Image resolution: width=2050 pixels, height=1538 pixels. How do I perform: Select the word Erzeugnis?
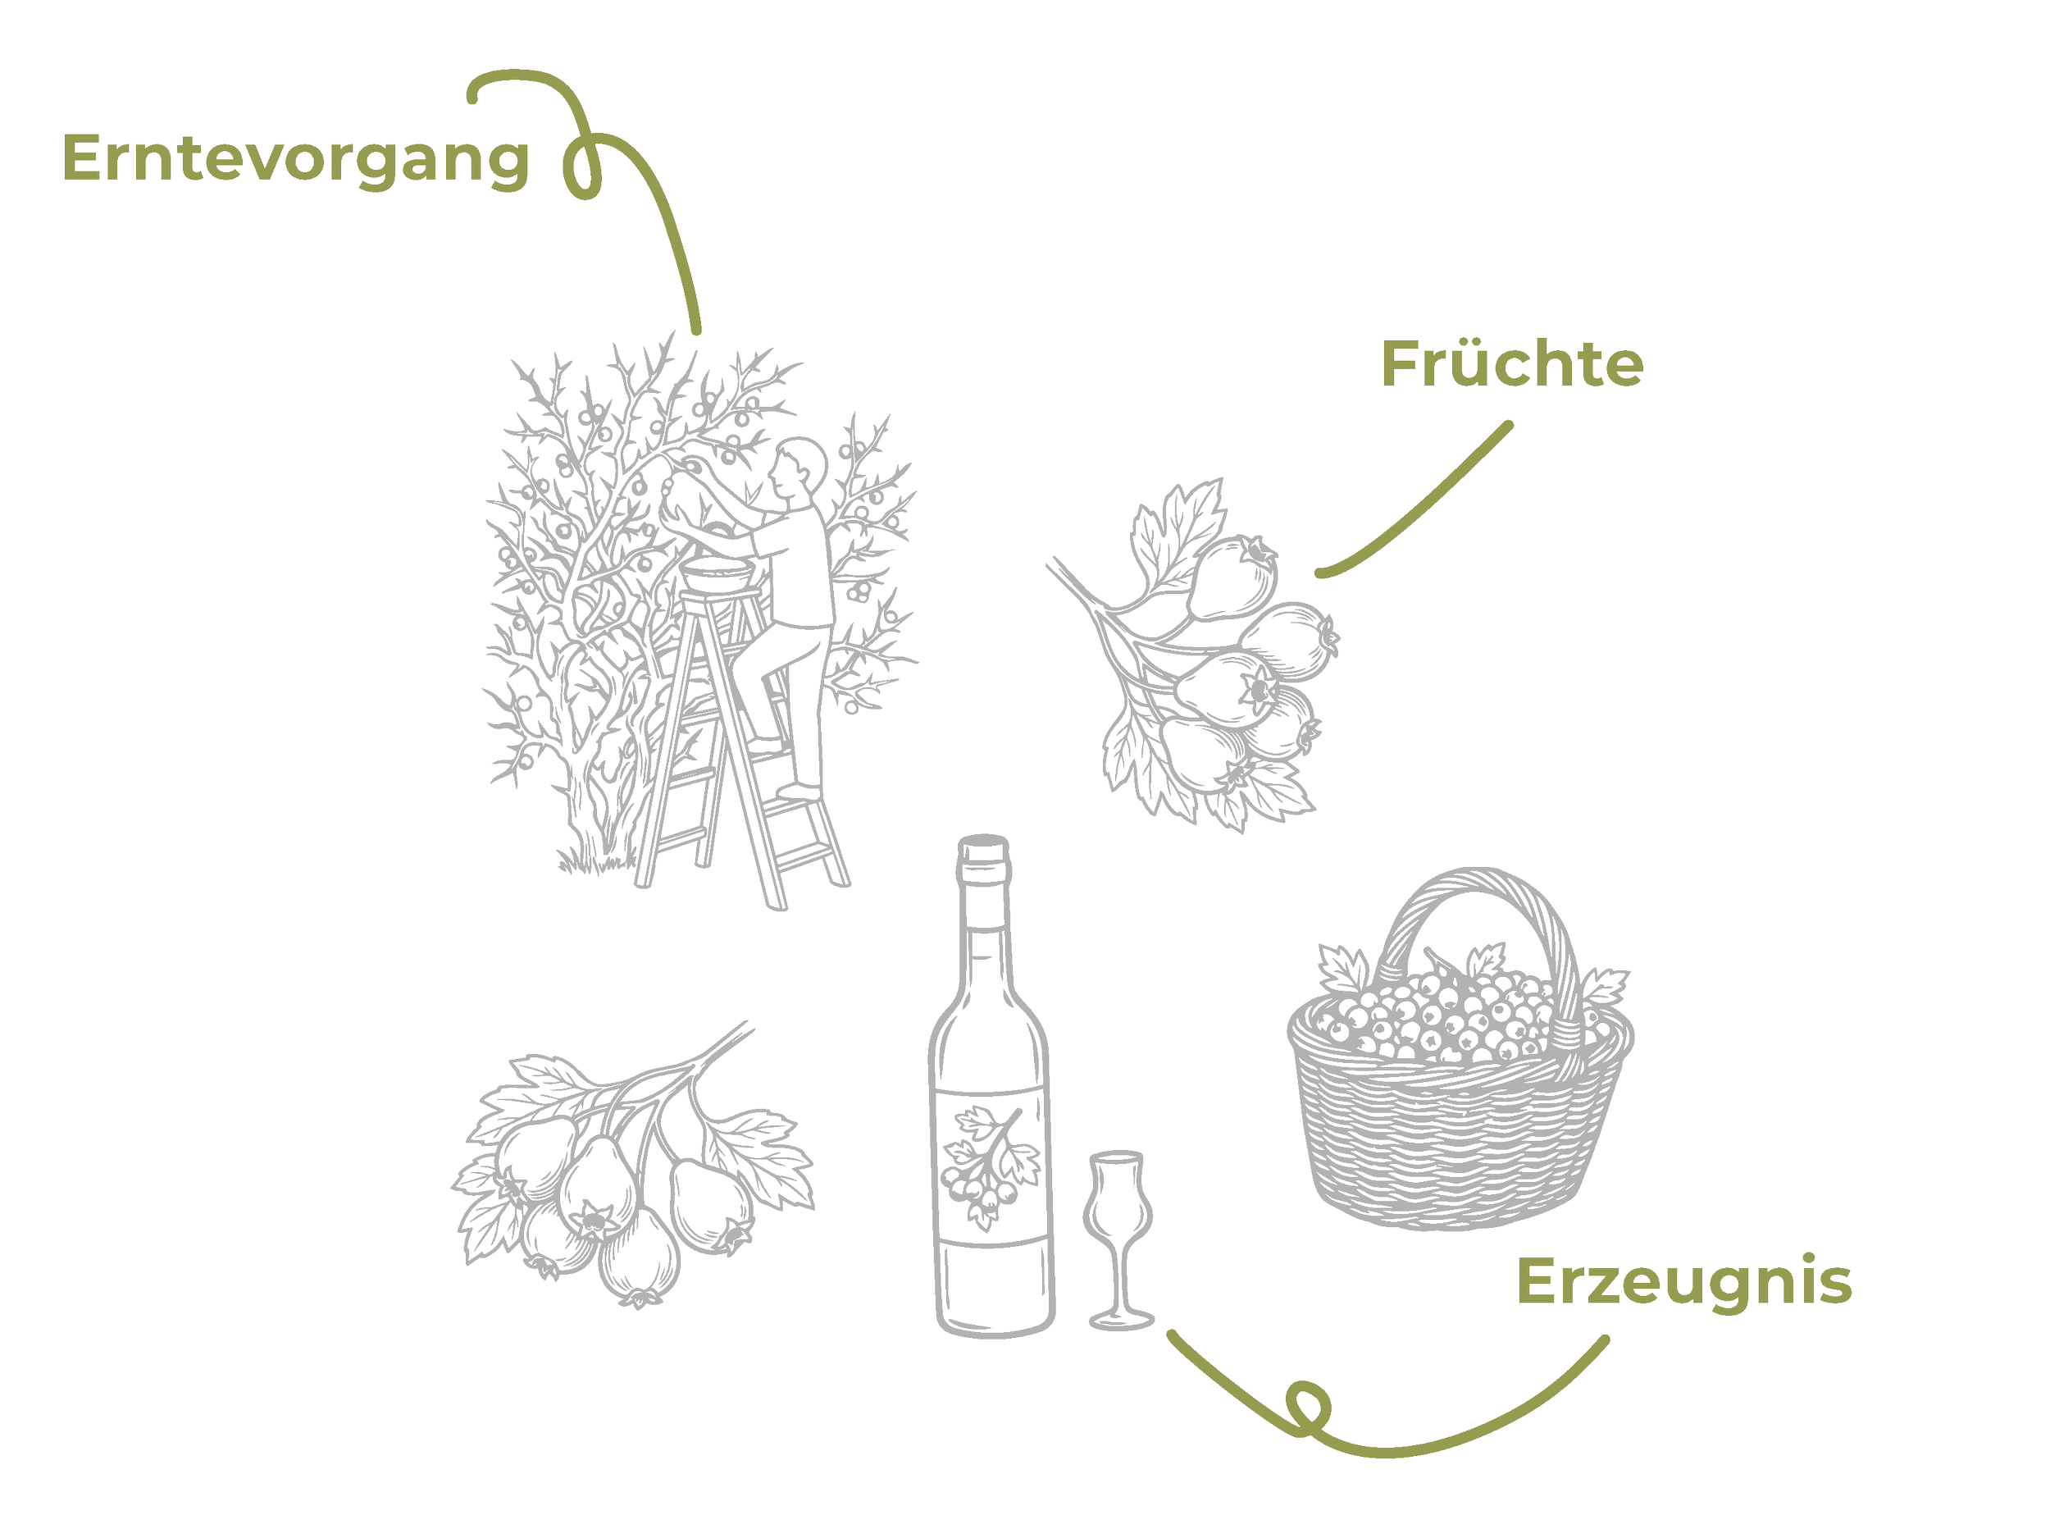1684,1283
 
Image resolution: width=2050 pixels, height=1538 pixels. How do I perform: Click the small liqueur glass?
1119,1242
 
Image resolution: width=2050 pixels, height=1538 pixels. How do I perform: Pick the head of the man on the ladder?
799,468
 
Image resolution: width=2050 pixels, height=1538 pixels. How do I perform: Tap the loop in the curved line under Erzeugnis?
1307,1409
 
